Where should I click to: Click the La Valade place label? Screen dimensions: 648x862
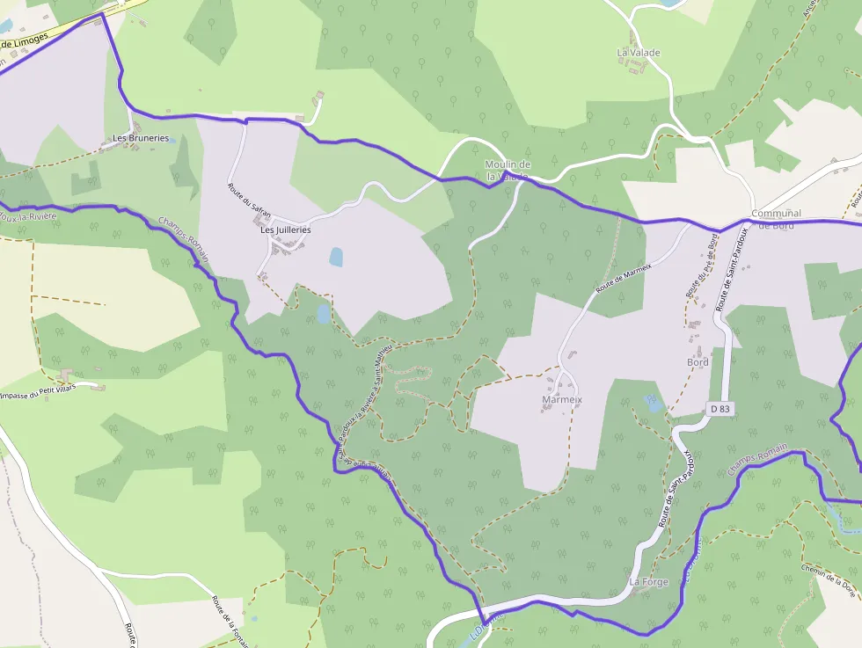pyautogui.click(x=638, y=53)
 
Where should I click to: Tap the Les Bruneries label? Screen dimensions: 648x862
pyautogui.click(x=141, y=138)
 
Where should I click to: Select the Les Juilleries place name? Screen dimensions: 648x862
pyautogui.click(x=286, y=229)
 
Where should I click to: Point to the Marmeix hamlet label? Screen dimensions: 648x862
pyautogui.click(x=563, y=399)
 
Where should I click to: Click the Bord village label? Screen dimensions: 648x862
pyautogui.click(x=698, y=362)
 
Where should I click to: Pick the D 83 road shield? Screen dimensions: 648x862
pyautogui.click(x=720, y=409)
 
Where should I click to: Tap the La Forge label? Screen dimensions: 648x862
pyautogui.click(x=649, y=582)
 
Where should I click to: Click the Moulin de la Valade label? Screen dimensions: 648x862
pyautogui.click(x=508, y=171)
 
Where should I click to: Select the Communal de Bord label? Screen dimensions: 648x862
pyautogui.click(x=777, y=219)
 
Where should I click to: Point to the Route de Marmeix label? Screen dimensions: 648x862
pyautogui.click(x=624, y=278)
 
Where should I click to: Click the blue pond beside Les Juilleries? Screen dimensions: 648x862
pyautogui.click(x=336, y=257)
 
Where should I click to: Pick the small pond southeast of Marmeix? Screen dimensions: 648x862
pyautogui.click(x=652, y=403)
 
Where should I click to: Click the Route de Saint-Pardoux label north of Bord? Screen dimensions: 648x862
pyautogui.click(x=731, y=269)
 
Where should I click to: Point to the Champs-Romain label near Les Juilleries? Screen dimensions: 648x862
pyautogui.click(x=184, y=239)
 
